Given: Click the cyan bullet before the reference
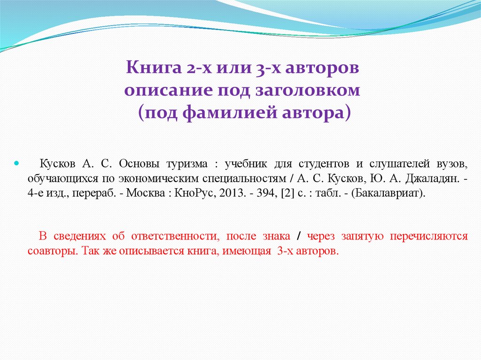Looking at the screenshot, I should [17, 165].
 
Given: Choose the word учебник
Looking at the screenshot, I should [246, 164].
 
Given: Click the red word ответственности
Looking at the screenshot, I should [181, 236].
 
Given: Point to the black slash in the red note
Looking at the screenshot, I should [299, 237].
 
